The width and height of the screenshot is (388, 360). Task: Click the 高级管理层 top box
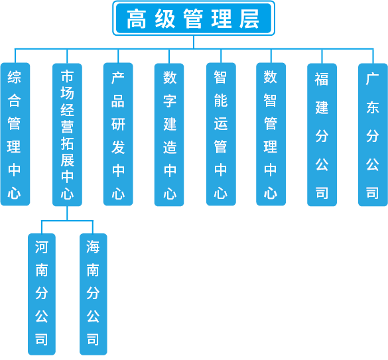click(x=194, y=19)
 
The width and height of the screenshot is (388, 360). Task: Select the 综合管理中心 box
click(x=15, y=134)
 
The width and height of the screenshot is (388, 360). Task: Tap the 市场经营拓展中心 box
click(x=67, y=135)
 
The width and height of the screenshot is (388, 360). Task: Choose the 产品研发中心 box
click(x=118, y=134)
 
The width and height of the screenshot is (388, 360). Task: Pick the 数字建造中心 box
click(x=169, y=135)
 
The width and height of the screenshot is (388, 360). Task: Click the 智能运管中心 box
click(x=221, y=134)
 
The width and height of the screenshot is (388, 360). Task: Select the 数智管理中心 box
click(x=271, y=134)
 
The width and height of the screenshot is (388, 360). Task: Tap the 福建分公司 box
click(x=322, y=135)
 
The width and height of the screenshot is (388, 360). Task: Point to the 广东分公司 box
click(x=373, y=135)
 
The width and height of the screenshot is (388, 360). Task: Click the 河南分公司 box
click(x=42, y=294)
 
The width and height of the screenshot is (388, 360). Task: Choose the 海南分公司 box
click(x=94, y=294)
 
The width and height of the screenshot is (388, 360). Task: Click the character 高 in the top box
click(x=137, y=19)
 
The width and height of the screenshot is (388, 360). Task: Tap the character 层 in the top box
click(x=249, y=19)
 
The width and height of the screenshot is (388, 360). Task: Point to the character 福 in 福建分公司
click(x=322, y=79)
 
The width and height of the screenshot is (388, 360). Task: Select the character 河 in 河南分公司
click(x=41, y=247)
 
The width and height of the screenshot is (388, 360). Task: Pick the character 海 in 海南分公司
click(x=93, y=247)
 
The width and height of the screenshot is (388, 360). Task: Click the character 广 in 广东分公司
click(x=372, y=79)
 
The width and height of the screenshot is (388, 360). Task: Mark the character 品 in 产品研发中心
click(x=118, y=101)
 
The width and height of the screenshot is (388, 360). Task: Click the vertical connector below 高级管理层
click(x=194, y=42)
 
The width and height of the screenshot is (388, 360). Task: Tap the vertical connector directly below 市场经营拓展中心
click(x=67, y=213)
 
